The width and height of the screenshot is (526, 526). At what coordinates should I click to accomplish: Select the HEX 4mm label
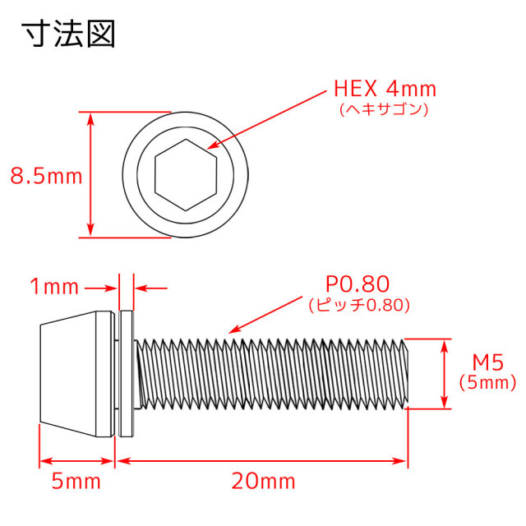pyautogui.click(x=385, y=89)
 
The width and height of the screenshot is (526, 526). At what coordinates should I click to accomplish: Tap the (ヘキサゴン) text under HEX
pyautogui.click(x=384, y=109)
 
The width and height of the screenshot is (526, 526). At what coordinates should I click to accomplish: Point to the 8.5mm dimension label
pyautogui.click(x=46, y=176)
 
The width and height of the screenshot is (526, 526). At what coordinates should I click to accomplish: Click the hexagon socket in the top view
pyautogui.click(x=186, y=175)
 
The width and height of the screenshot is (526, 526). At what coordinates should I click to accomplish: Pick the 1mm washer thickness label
pyautogui.click(x=54, y=287)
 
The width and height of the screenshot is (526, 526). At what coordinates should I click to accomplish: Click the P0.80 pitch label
pyautogui.click(x=358, y=284)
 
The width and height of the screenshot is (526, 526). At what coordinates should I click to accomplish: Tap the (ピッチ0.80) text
pyautogui.click(x=359, y=305)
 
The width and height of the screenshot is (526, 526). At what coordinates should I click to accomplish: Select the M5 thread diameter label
pyautogui.click(x=487, y=362)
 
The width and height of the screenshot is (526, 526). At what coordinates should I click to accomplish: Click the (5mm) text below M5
pyautogui.click(x=487, y=383)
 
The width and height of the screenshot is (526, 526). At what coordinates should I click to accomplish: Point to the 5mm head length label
pyautogui.click(x=76, y=482)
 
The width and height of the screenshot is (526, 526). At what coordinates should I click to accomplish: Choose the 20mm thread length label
pyautogui.click(x=263, y=482)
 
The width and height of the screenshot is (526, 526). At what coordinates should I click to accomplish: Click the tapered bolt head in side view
pyautogui.click(x=76, y=374)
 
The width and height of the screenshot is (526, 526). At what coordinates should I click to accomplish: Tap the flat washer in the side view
pyautogui.click(x=127, y=374)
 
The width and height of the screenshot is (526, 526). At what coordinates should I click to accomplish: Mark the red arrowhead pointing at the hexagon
pyautogui.click(x=212, y=145)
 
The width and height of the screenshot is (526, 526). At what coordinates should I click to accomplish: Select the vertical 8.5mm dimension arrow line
pyautogui.click(x=90, y=175)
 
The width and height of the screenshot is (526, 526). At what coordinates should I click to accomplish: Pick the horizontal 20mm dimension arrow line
pyautogui.click(x=261, y=461)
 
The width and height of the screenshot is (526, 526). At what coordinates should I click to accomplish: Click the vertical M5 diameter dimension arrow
pyautogui.click(x=444, y=374)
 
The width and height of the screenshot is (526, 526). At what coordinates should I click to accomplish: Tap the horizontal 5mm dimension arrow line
pyautogui.click(x=76, y=461)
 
